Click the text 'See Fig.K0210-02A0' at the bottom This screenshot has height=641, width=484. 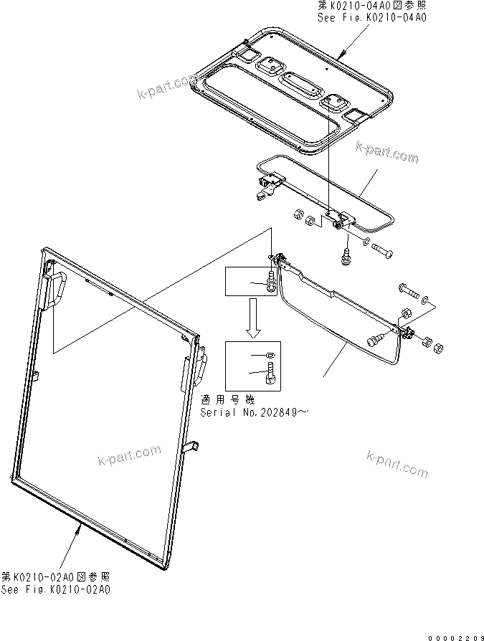coord(56,589)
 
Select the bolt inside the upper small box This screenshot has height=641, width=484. coord(272,280)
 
